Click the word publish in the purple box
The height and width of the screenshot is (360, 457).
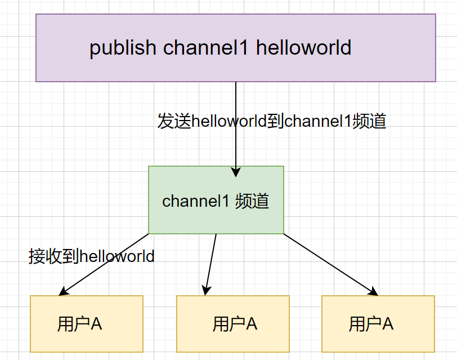[x=123, y=48]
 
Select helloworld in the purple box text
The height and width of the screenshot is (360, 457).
[x=304, y=48]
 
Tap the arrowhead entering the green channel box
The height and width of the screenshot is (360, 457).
[x=236, y=172]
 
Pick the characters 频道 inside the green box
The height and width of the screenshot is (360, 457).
[x=252, y=201]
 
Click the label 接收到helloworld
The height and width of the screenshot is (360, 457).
[x=91, y=256]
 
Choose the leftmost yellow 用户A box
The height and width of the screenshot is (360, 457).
[x=87, y=324]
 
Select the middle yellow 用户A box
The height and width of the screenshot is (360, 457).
[x=232, y=324]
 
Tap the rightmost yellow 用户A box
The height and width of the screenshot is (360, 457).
[x=378, y=324]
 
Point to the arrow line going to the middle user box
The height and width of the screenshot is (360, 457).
[x=211, y=264]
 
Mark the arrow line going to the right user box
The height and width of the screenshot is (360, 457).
[x=329, y=264]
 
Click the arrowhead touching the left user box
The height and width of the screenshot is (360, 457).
[x=62, y=292]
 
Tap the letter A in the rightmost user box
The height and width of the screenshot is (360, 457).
[x=387, y=324]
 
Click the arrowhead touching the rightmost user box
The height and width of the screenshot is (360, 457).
[x=373, y=292]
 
